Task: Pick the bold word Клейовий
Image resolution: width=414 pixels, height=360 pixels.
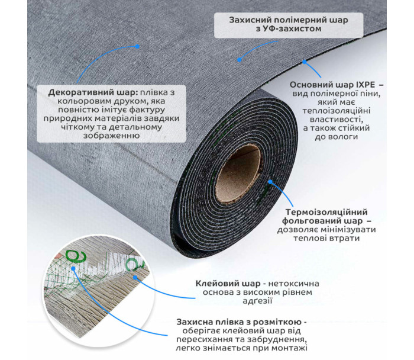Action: point(215,282)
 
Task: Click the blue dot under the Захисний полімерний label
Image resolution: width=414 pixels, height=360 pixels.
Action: point(240,59)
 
